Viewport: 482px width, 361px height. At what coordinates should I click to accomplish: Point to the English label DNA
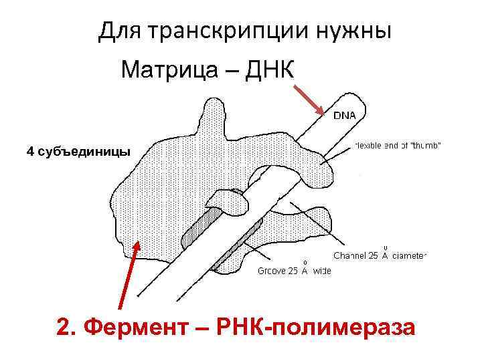345,116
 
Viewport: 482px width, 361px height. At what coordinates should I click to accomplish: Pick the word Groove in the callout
272,271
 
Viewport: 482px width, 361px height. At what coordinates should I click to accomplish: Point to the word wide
321,271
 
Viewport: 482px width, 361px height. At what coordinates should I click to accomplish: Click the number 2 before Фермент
64,328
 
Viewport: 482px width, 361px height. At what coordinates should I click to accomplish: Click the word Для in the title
118,31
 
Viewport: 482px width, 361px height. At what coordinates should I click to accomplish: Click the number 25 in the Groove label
294,271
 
